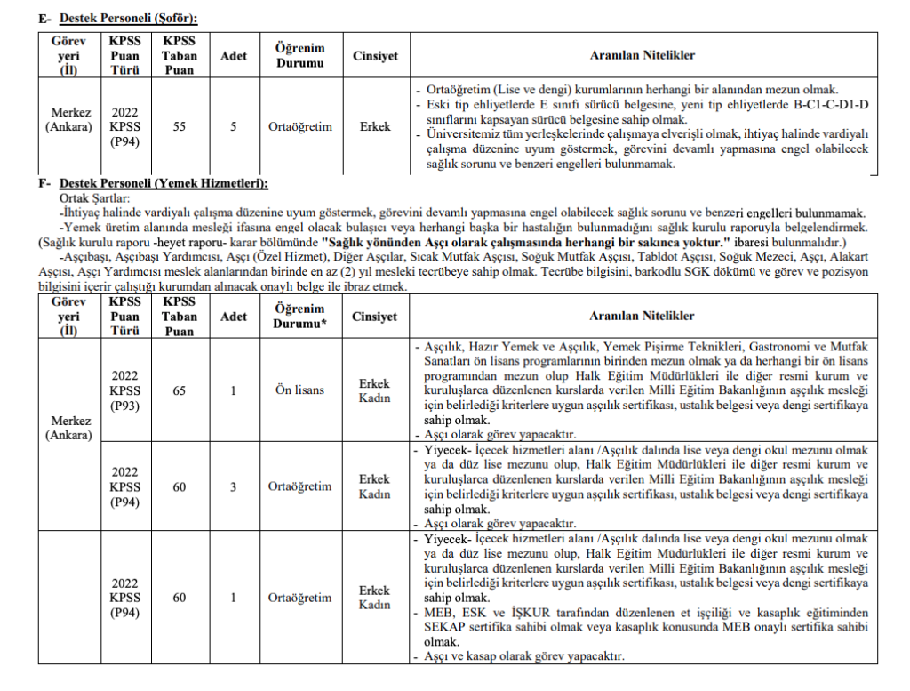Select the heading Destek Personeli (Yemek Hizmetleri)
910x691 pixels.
(161, 184)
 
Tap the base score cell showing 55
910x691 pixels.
(180, 126)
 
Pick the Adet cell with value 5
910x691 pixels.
(234, 126)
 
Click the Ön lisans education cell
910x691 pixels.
(300, 390)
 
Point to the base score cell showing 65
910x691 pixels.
(180, 390)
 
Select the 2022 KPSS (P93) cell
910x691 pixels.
(124, 390)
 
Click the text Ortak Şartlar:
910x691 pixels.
(95, 198)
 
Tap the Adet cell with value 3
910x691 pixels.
(234, 486)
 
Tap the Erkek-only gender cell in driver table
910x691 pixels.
(375, 126)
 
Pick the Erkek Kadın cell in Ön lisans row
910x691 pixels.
(375, 390)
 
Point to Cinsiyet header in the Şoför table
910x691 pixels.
(375, 56)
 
